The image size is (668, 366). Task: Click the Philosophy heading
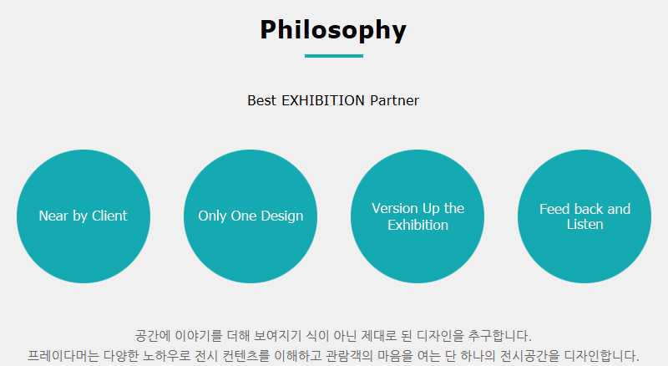[x=333, y=30]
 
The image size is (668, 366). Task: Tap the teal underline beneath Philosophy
[x=333, y=56]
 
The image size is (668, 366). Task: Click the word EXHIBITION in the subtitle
[x=323, y=100]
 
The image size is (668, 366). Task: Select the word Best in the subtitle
[x=261, y=100]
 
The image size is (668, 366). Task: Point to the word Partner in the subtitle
[x=394, y=100]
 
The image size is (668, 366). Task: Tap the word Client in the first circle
[x=109, y=216]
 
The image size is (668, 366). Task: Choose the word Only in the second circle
[x=212, y=216]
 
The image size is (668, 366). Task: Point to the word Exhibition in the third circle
[x=418, y=225]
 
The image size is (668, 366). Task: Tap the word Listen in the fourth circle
[x=585, y=225]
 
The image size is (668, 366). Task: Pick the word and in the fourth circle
[x=619, y=209]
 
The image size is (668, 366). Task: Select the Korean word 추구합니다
[x=499, y=336]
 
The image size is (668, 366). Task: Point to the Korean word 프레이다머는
[x=63, y=356]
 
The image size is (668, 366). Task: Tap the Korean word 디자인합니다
[x=601, y=356]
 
